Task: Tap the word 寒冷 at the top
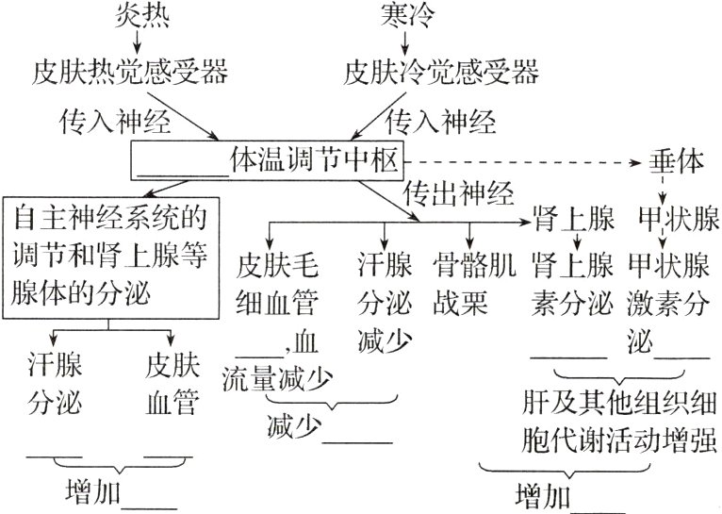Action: click(394, 15)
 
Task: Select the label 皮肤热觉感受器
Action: click(131, 71)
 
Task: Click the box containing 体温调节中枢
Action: click(268, 161)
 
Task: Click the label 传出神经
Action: click(459, 195)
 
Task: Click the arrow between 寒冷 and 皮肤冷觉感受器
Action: click(394, 41)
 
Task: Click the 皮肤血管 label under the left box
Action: click(172, 385)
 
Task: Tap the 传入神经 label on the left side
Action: click(101, 121)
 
